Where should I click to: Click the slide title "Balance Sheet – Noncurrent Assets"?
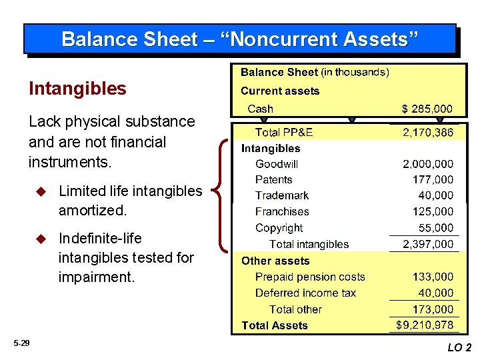pos(240,39)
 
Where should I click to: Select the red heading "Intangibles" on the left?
pos(77,89)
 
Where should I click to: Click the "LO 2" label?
pos(459,347)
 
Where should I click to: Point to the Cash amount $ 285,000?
pos(427,109)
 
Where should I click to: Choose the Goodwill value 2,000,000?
pos(427,164)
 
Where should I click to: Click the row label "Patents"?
pos(273,180)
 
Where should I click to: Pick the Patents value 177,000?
pos(433,180)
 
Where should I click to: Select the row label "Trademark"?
pos(282,196)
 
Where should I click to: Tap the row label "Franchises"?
pos(282,212)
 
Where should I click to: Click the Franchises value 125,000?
pos(433,212)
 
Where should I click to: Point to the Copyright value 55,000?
pos(436,228)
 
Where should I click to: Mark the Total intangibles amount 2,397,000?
pos(427,245)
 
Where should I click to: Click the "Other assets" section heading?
pos(275,261)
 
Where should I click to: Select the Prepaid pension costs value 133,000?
pos(433,277)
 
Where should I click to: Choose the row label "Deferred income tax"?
pos(305,293)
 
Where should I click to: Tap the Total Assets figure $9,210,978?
pos(425,325)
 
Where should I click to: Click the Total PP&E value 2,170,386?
pos(427,133)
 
